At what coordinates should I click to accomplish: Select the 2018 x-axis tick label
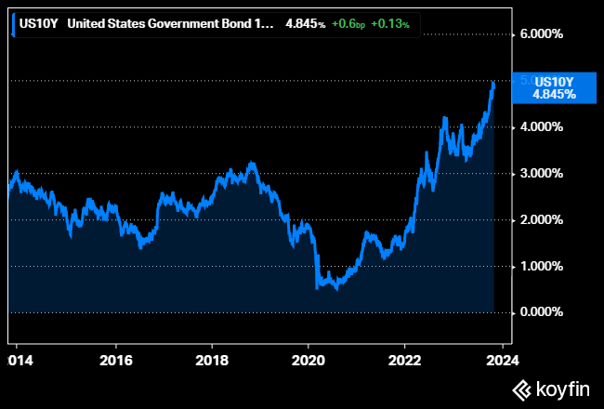point(212,358)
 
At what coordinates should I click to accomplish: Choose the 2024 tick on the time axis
point(502,358)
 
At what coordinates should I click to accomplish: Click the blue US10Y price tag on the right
point(556,87)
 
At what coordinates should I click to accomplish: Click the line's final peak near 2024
point(493,84)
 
